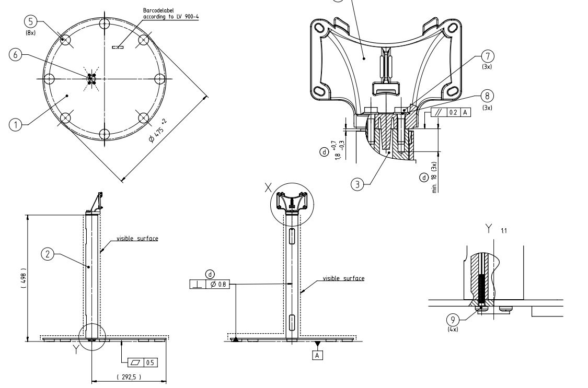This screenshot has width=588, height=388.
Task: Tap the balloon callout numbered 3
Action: click(x=357, y=184)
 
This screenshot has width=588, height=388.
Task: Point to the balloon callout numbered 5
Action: click(x=30, y=21)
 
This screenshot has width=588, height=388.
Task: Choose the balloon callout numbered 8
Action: click(x=487, y=96)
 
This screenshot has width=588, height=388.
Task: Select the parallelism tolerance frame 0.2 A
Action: click(x=450, y=112)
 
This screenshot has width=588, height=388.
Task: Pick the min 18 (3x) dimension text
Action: click(x=434, y=177)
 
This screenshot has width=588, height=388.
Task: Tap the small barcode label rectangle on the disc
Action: click(x=118, y=48)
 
